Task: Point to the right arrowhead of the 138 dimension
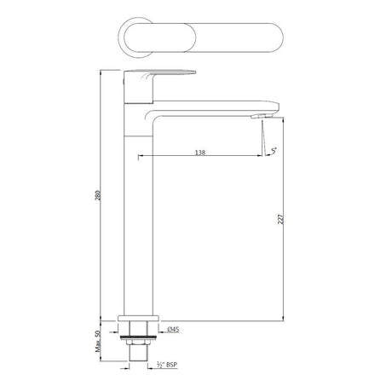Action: point(260,157)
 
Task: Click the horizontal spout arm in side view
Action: point(213,110)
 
